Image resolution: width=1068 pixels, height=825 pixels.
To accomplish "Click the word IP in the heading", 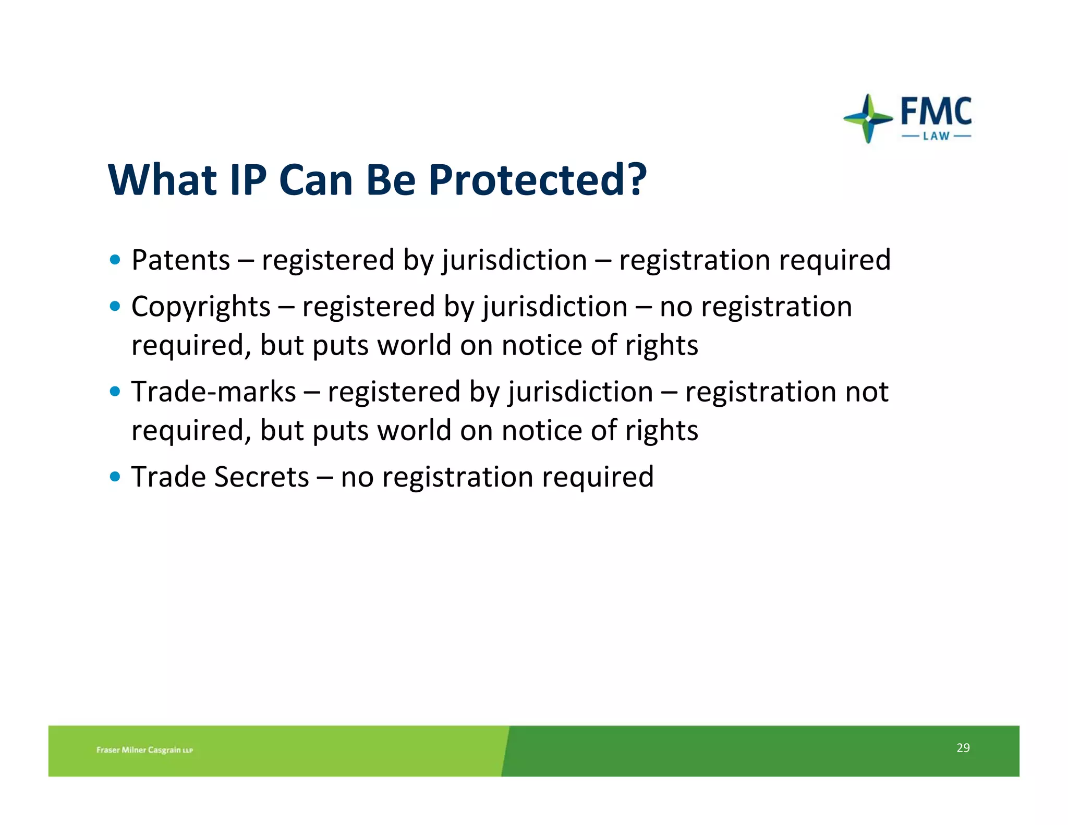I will tap(248, 180).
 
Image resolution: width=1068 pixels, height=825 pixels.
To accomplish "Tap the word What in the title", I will tap(162, 180).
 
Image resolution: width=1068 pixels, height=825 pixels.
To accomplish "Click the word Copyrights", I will tap(201, 307).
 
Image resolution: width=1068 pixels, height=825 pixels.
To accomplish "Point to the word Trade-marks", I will tap(213, 392).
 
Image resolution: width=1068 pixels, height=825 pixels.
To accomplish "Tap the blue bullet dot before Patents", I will tap(115, 260).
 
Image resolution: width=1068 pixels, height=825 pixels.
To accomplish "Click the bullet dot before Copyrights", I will tap(115, 306).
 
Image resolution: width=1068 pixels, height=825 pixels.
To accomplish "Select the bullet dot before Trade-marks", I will tap(115, 391).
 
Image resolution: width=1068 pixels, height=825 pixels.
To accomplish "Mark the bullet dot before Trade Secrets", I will tap(115, 476).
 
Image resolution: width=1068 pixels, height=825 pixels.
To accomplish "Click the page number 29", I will tap(963, 748).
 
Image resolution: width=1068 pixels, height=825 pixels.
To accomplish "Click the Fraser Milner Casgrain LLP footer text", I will tap(144, 750).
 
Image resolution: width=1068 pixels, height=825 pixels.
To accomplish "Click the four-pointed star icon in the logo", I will tap(868, 118).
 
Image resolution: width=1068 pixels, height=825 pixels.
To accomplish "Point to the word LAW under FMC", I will tap(936, 136).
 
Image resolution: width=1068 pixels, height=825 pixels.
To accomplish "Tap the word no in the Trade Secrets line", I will tap(357, 477).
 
